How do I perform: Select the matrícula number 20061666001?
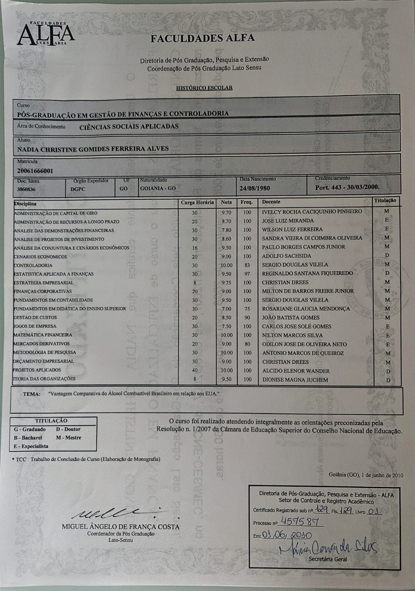[x=35, y=171]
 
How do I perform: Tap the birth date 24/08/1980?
[x=255, y=188]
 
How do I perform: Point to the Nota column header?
[x=226, y=202]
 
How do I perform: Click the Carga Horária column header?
[x=197, y=202]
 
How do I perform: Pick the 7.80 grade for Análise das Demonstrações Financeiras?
[x=226, y=230]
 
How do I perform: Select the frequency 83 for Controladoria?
[x=247, y=265]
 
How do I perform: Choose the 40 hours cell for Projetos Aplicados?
[x=195, y=370]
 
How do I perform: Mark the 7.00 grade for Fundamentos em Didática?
[x=226, y=309]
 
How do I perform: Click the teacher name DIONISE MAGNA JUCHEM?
[x=295, y=379]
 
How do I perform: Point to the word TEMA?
[x=32, y=394]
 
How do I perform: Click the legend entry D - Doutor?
[x=68, y=429]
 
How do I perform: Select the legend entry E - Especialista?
[x=31, y=446]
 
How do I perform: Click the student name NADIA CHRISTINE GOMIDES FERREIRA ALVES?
[x=93, y=149]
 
